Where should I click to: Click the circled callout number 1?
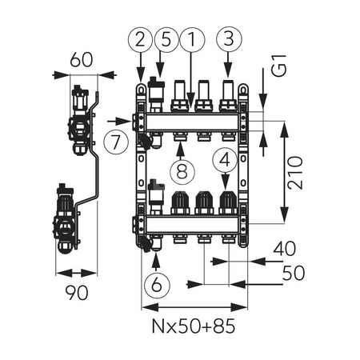191,38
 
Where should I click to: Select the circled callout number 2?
139,38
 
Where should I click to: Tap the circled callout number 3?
228,38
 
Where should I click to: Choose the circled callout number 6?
154,283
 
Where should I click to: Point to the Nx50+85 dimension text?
194,328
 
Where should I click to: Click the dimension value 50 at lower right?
293,273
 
